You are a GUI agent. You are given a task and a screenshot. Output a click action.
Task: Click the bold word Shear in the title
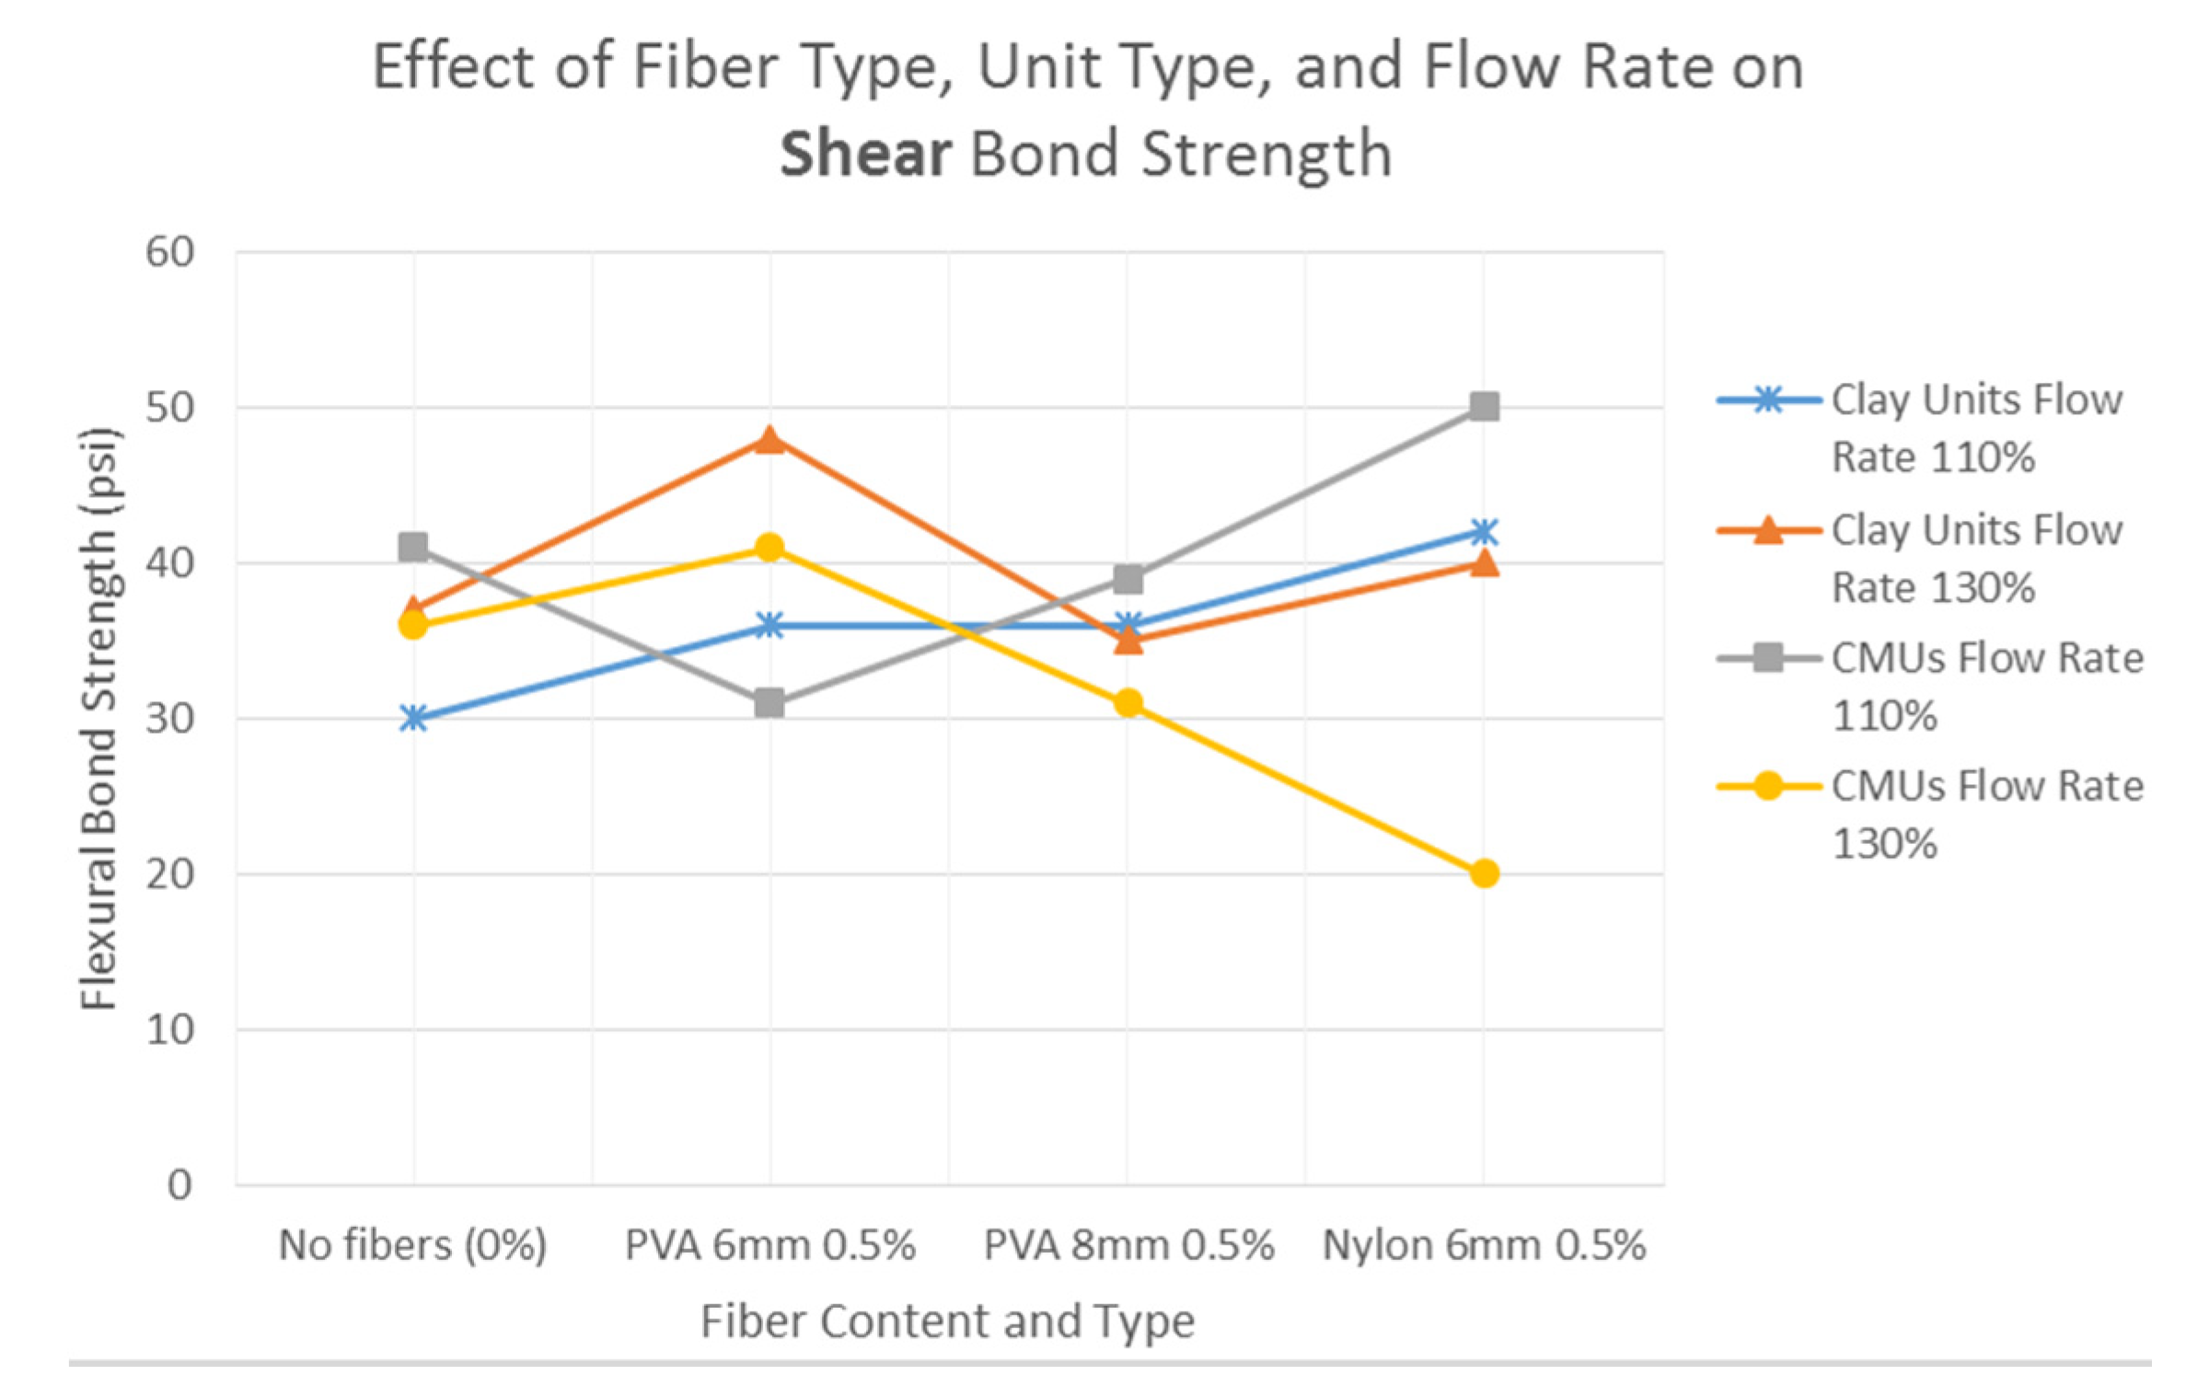(x=864, y=154)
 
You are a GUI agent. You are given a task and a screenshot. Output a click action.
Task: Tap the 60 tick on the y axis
(x=170, y=252)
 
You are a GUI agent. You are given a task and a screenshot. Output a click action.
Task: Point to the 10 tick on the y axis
(x=170, y=1030)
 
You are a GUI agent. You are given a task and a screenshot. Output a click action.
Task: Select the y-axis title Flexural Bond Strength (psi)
(x=98, y=719)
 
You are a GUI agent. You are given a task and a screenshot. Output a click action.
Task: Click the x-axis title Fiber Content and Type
(x=947, y=1322)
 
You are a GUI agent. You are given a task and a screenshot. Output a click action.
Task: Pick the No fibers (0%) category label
(x=412, y=1245)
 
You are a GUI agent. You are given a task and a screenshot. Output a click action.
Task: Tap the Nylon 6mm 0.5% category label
(x=1484, y=1245)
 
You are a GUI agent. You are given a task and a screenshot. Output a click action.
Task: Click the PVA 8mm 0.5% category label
(x=1128, y=1245)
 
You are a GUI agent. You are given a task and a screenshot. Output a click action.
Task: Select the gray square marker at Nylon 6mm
(x=1484, y=407)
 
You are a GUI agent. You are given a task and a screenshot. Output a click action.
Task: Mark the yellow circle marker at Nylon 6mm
(x=1484, y=873)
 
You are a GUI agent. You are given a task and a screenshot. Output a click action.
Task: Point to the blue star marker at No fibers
(x=413, y=719)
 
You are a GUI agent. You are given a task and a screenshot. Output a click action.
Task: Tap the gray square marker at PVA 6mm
(x=769, y=704)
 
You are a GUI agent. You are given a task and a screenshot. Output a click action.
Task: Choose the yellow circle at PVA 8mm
(x=1128, y=704)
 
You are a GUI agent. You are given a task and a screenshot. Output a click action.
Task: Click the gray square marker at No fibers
(x=413, y=548)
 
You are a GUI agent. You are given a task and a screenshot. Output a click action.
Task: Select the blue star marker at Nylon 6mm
(x=1484, y=532)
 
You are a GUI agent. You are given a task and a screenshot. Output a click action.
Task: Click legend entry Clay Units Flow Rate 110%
(x=1975, y=428)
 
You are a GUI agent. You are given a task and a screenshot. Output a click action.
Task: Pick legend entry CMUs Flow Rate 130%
(x=1986, y=815)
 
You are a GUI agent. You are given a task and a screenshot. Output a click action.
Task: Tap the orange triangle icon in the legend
(x=1767, y=531)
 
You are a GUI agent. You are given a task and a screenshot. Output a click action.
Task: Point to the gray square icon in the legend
(x=1767, y=659)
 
